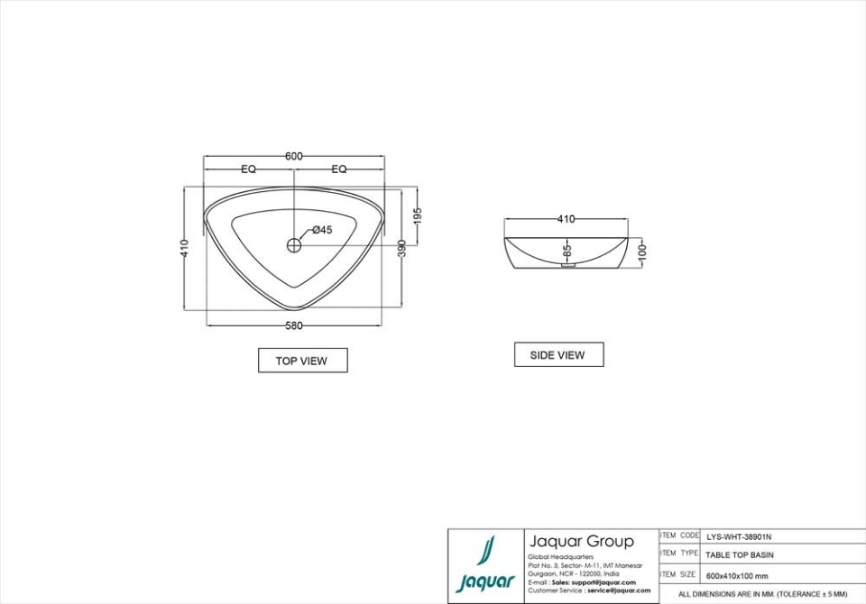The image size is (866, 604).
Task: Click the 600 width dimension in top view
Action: tap(294, 156)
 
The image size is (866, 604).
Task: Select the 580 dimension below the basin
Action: tap(294, 325)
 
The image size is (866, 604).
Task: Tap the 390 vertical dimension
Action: tap(402, 249)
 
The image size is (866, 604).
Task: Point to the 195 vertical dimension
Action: tap(418, 215)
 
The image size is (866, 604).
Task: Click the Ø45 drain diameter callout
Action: tap(322, 230)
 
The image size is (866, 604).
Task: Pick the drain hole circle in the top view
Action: tap(294, 244)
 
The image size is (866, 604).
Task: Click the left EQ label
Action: tap(248, 169)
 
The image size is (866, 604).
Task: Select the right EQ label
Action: tap(339, 169)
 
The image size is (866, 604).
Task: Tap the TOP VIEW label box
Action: tap(302, 361)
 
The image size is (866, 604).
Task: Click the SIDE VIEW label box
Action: tap(557, 355)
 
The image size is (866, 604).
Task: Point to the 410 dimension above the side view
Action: tap(566, 219)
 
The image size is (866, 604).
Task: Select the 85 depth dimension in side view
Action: tap(567, 250)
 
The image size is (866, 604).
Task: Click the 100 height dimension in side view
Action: tap(642, 250)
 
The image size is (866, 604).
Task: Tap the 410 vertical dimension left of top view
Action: tap(184, 249)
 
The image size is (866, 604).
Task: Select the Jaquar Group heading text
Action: tap(581, 542)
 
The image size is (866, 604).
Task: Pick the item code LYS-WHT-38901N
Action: tap(739, 535)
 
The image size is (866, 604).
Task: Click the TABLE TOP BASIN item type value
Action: tap(739, 555)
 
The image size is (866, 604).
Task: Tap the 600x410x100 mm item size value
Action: tap(737, 575)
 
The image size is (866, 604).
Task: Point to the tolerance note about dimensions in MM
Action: tap(762, 595)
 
